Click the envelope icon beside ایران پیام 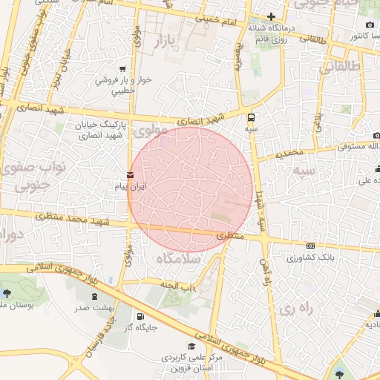point(131,176)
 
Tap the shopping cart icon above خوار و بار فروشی point(122,69)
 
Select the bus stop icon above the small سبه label point(252,117)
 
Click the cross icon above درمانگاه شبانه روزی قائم point(272,16)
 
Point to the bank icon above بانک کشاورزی point(310,246)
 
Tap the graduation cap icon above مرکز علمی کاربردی point(191,347)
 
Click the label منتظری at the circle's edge point(223,235)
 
